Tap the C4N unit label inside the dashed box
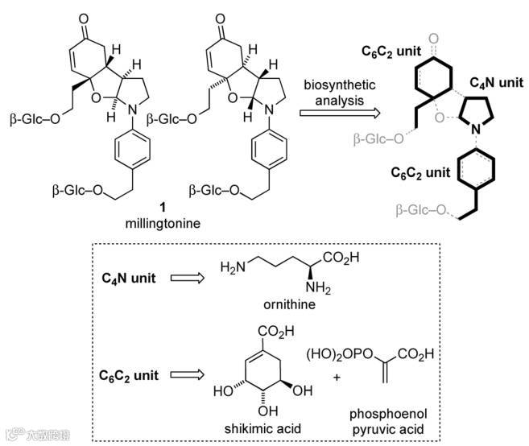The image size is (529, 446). pyautogui.click(x=130, y=279)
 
